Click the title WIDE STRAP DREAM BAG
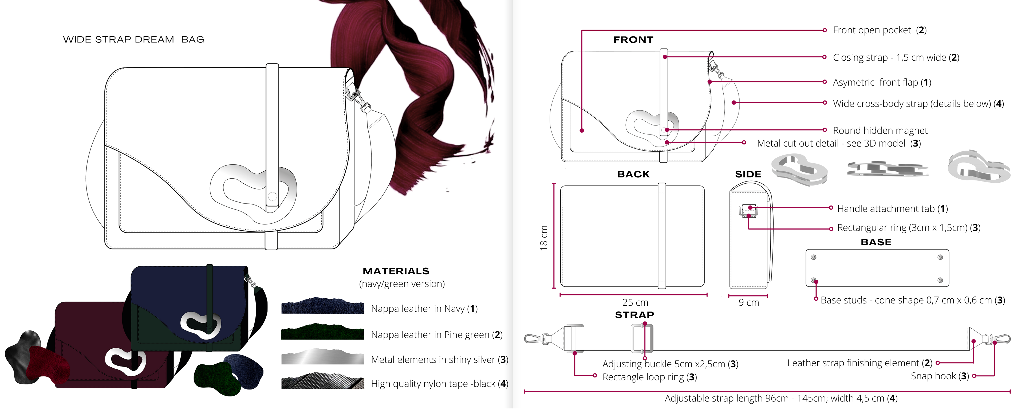[x=134, y=40]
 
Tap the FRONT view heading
[x=633, y=40]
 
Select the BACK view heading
[x=633, y=174]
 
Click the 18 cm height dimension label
[x=543, y=238]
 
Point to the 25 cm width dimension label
[x=635, y=302]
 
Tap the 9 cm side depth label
[x=748, y=302]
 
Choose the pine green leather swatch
[x=322, y=332]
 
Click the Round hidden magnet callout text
[x=880, y=131]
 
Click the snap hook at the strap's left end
[x=535, y=339]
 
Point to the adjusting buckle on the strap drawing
[x=642, y=338]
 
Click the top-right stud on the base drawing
[x=940, y=257]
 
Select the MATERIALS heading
[x=396, y=271]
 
